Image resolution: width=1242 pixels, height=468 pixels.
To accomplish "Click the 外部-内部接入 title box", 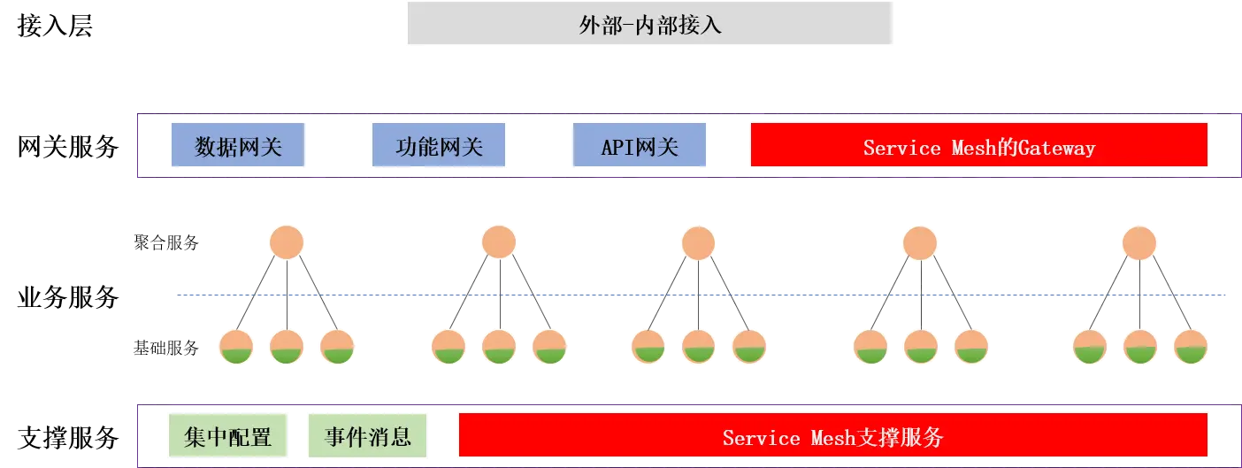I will [651, 25].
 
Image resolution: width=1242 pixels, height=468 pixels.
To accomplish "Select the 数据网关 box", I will [239, 146].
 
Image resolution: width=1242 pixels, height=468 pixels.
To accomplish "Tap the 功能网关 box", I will [439, 146].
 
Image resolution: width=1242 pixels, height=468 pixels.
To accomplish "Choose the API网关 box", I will [640, 146].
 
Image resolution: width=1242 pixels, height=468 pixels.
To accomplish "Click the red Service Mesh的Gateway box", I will [978, 146].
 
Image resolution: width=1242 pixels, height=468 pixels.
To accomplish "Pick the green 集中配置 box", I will [228, 436].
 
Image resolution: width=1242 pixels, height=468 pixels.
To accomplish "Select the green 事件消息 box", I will [367, 436].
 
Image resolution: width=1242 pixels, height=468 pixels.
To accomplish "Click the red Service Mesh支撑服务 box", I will [832, 437].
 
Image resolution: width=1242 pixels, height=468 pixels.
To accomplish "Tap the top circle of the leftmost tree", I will [287, 242].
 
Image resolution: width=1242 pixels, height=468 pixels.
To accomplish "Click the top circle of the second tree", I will [499, 242].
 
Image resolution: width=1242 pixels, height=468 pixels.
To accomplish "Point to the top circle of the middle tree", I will [698, 242].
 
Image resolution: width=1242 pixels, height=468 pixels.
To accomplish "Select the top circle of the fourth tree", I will [920, 242].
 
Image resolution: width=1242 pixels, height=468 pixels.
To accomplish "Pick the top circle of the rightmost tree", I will [1139, 242].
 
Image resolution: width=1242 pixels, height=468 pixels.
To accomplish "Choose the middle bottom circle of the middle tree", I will [699, 347].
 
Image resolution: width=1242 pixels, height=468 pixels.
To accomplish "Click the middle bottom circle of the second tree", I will [499, 347].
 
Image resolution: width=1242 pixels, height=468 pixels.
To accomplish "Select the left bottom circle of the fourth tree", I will [870, 347].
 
